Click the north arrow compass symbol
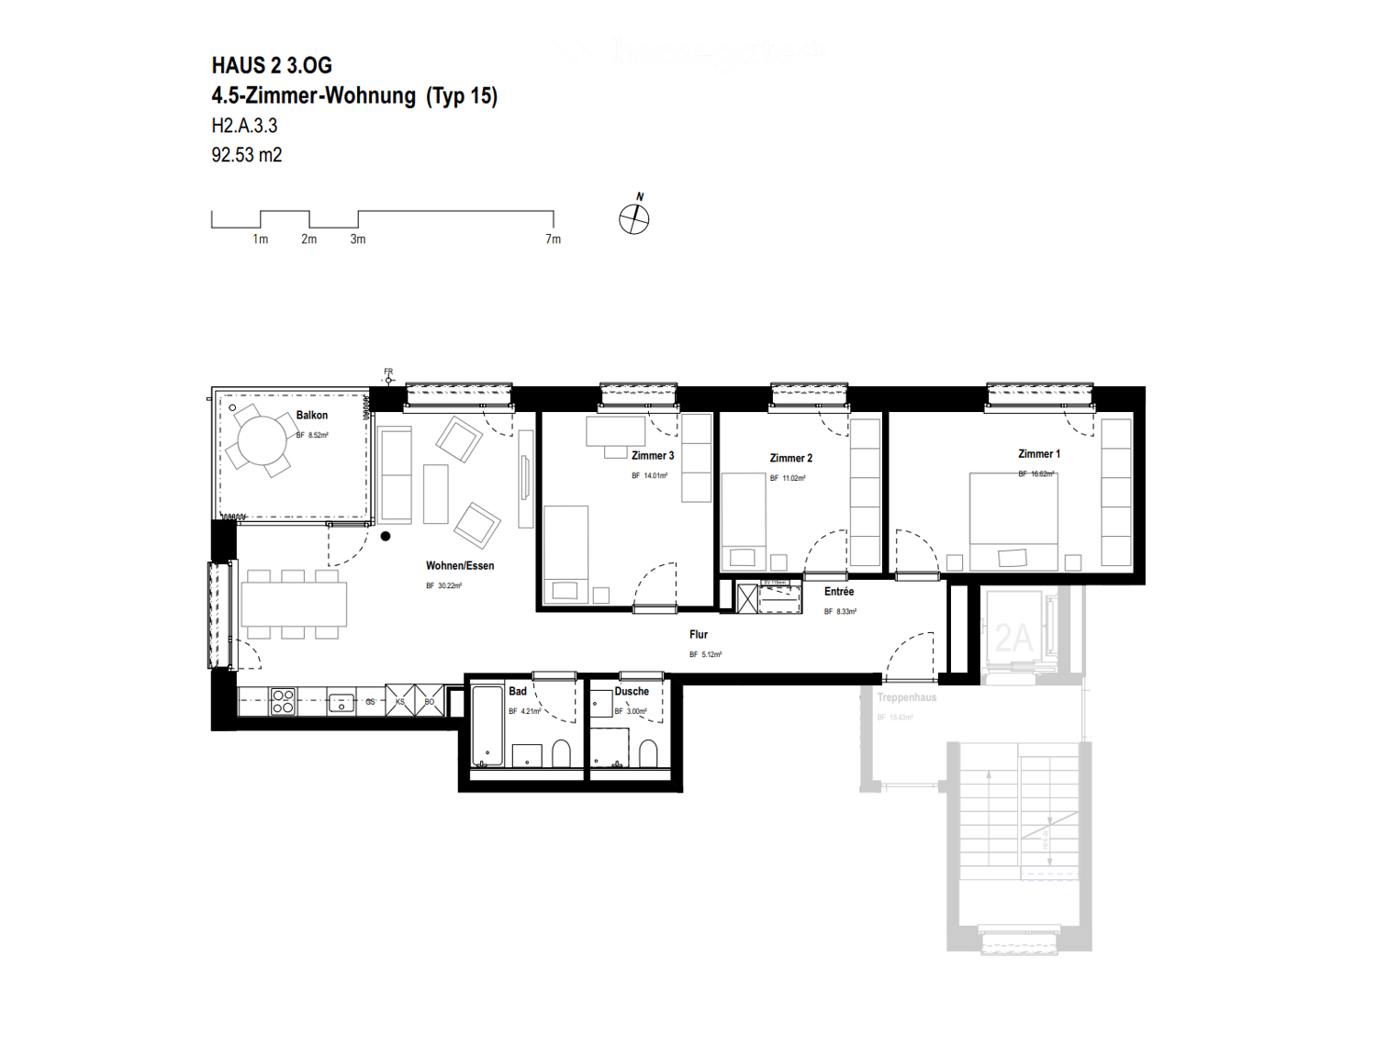(633, 218)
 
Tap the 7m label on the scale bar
(553, 239)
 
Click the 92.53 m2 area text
(246, 155)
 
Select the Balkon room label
(311, 416)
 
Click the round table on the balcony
(262, 440)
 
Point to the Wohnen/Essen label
(459, 566)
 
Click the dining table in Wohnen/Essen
(294, 604)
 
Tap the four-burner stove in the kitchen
(283, 702)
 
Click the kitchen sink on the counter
(341, 703)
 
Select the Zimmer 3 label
(652, 456)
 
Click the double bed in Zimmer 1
(1013, 521)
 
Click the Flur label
(698, 635)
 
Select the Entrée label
(838, 592)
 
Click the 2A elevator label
(1013, 638)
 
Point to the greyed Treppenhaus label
(906, 698)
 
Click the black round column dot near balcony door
(386, 537)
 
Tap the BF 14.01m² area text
(649, 476)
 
